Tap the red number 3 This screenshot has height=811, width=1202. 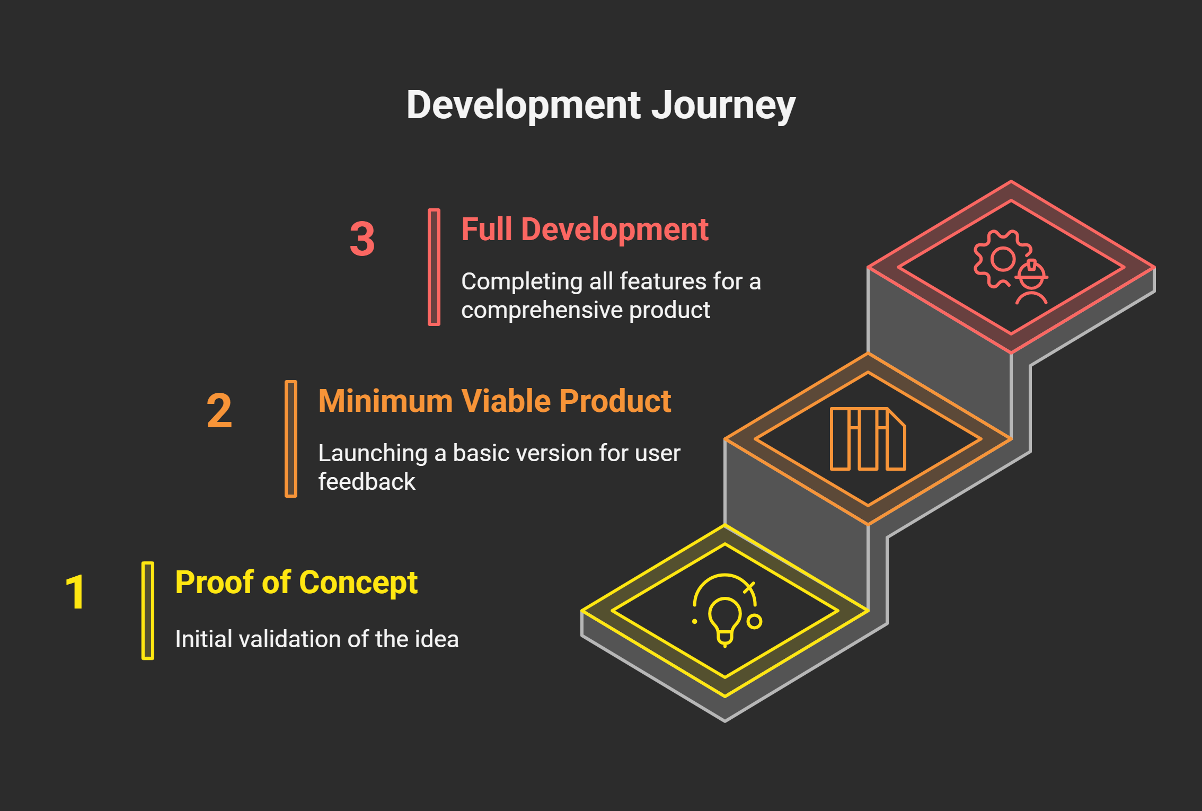pos(362,239)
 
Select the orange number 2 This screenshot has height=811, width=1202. pos(219,411)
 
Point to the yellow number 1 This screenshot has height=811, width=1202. pos(75,592)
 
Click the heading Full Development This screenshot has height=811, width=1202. pos(585,230)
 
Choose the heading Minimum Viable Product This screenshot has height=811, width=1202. pos(494,401)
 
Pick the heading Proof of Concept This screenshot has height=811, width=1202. pos(296,583)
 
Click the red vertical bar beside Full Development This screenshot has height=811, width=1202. pos(434,267)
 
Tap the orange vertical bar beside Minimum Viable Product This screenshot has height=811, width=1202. pos(291,439)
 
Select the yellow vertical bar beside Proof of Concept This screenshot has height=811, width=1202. pos(148,611)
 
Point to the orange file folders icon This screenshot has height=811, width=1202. pos(868,439)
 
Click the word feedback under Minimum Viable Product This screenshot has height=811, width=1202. pos(367,482)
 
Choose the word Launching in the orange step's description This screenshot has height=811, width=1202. pos(373,453)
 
